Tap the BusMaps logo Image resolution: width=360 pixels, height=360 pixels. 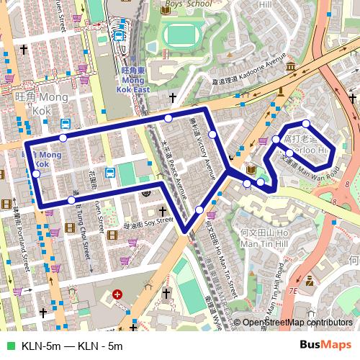[326, 346]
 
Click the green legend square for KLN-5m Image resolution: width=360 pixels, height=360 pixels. [9, 346]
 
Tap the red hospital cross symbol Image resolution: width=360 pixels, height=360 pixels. [117, 294]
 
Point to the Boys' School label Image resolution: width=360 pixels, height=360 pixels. [189, 4]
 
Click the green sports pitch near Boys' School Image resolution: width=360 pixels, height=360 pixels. [183, 33]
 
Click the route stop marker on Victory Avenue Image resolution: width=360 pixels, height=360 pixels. [212, 135]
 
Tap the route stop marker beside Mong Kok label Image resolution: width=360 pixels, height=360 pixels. [36, 174]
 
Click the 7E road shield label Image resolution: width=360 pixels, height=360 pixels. [292, 291]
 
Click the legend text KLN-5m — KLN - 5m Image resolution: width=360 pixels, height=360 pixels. [72, 346]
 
